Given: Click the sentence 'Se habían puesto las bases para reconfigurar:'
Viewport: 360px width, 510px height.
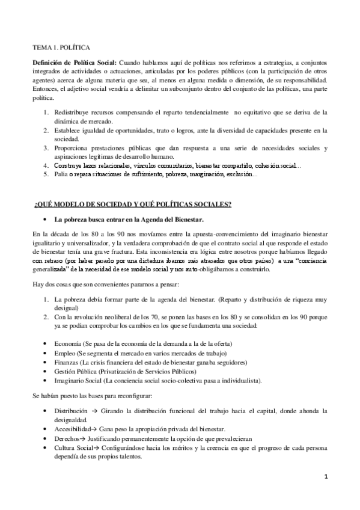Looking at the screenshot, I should (x=99, y=396).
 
